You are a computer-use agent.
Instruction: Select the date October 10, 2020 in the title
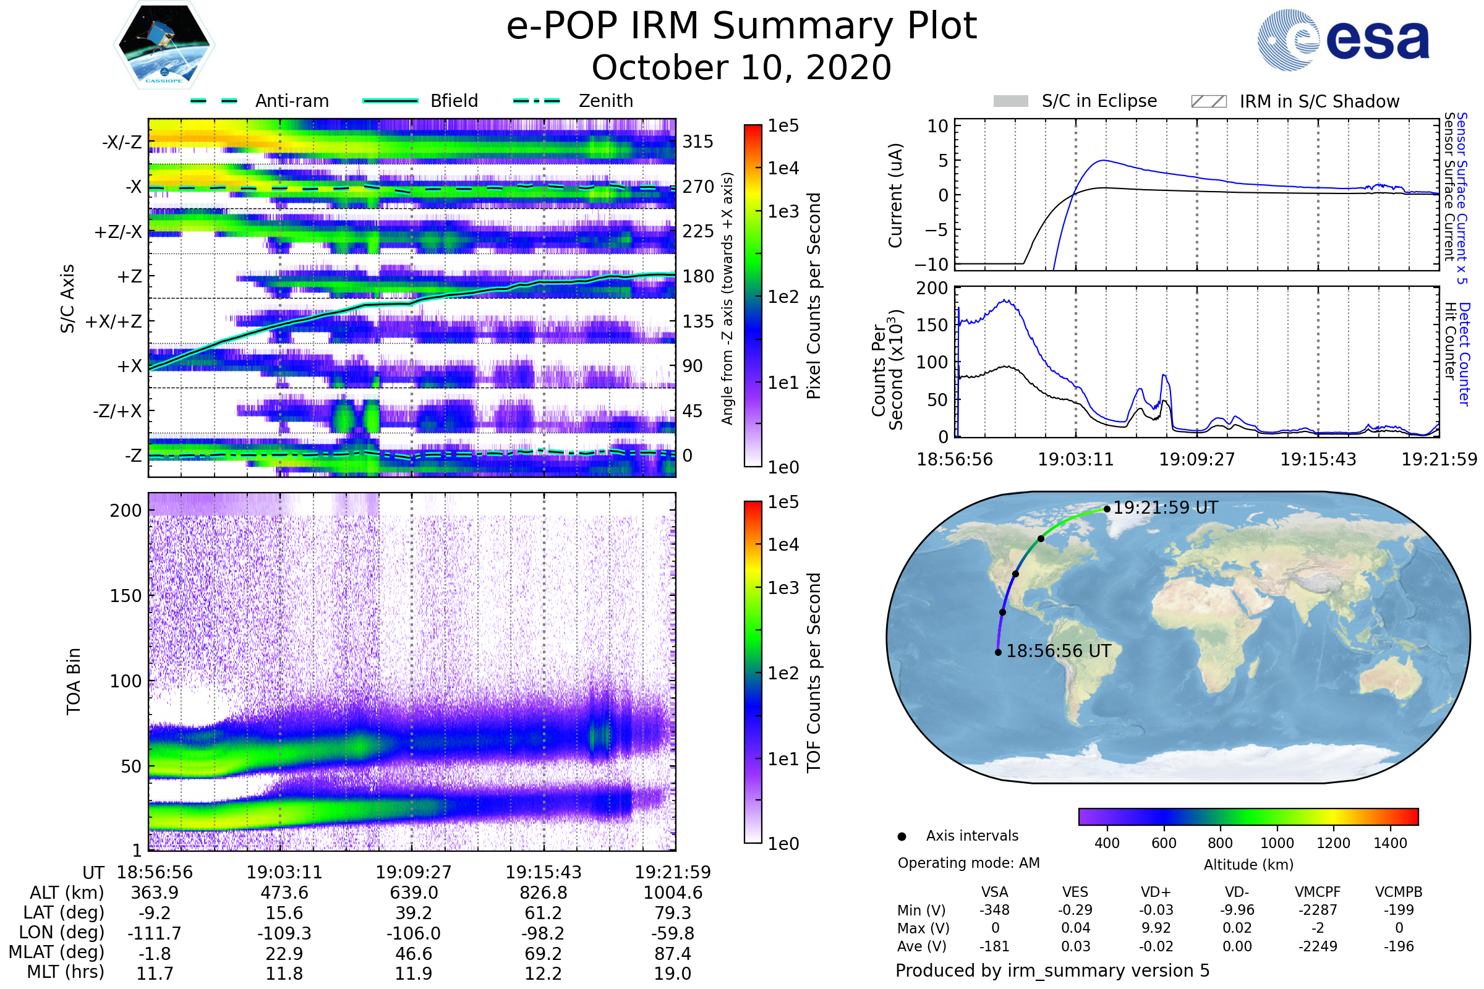tap(741, 68)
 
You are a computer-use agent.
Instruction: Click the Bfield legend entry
tap(454, 101)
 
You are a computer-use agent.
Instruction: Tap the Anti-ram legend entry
tap(291, 101)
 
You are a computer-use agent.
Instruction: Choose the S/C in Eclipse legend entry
tap(1099, 101)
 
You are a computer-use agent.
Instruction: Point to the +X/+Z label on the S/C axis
tap(114, 321)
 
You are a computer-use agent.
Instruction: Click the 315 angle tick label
tap(697, 142)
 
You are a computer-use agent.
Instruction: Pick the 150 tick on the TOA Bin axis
tap(126, 596)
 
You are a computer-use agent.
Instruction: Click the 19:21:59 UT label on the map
tap(1165, 507)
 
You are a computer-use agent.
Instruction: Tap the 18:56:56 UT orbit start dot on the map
tap(998, 652)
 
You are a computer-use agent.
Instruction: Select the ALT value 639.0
tap(413, 893)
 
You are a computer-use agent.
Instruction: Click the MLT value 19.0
tap(672, 973)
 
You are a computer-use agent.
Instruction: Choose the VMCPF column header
tap(1318, 892)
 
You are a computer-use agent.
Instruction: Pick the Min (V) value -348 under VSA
tap(994, 910)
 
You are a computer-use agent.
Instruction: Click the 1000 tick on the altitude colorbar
tap(1276, 843)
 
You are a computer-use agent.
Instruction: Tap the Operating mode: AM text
tap(968, 863)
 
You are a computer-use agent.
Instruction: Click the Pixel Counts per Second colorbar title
tap(814, 295)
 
